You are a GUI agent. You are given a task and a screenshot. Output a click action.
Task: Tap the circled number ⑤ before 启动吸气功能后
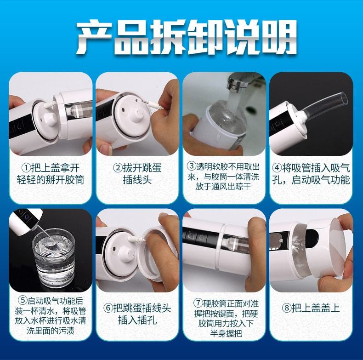23,302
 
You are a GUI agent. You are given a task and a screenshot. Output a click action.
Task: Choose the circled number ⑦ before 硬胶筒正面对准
198,303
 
